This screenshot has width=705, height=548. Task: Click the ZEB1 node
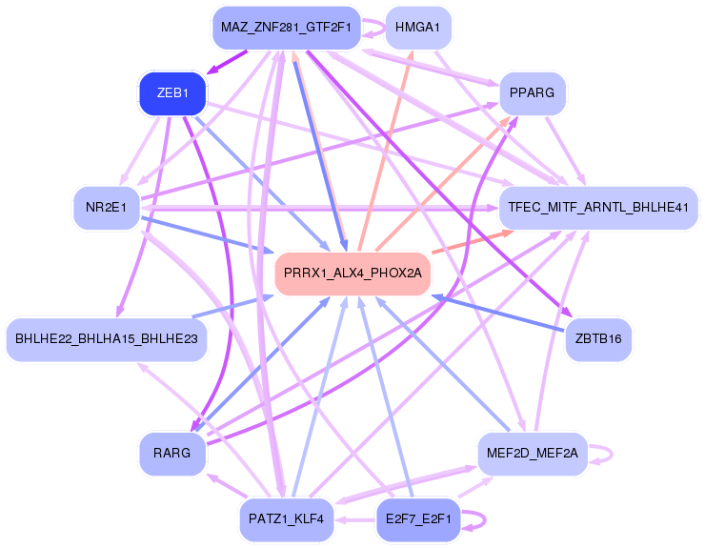(172, 93)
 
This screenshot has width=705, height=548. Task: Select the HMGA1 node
(416, 29)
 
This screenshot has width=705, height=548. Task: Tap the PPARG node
(533, 93)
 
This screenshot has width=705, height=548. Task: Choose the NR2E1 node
(107, 208)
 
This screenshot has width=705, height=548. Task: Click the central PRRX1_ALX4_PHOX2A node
(352, 274)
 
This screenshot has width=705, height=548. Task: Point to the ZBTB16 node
(598, 337)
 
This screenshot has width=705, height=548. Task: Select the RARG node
(171, 454)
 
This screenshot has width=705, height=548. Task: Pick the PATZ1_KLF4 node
(286, 519)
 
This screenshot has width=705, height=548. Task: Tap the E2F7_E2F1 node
(419, 519)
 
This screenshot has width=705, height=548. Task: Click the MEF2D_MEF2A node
(532, 454)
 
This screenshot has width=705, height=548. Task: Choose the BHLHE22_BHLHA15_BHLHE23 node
(107, 338)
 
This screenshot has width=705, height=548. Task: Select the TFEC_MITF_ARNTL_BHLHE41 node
(598, 208)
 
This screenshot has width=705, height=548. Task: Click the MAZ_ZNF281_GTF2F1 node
(286, 29)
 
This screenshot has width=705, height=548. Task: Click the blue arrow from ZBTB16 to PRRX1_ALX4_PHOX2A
(505, 315)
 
